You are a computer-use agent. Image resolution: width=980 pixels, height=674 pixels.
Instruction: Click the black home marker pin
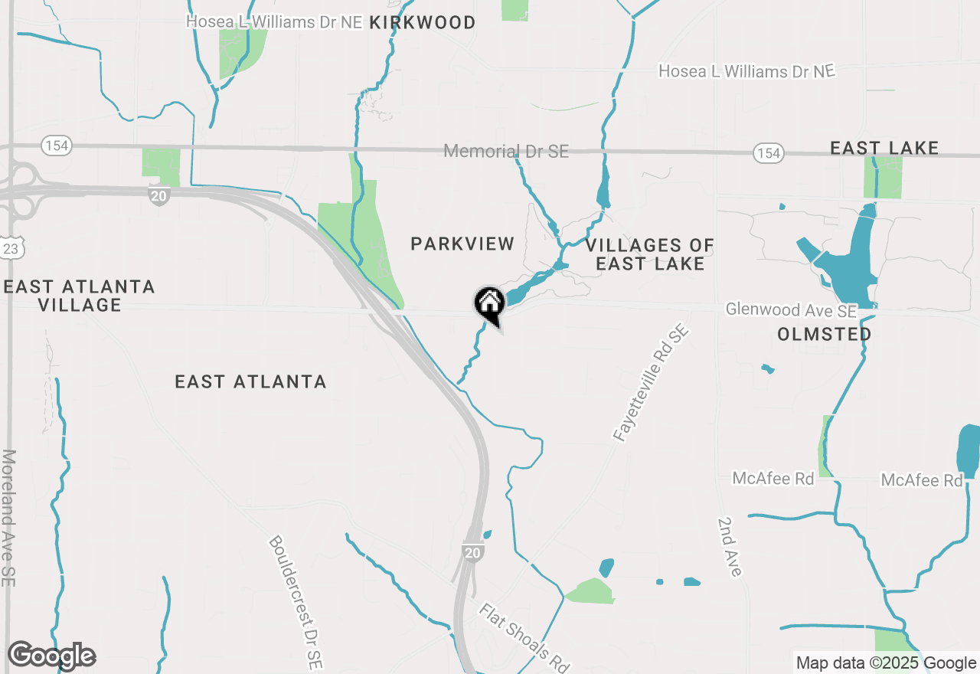[489, 305]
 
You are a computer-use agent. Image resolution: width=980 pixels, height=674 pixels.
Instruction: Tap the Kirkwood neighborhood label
[422, 23]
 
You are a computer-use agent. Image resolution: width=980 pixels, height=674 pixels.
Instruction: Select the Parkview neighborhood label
[462, 244]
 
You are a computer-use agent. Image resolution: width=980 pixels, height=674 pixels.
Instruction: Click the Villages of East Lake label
[650, 254]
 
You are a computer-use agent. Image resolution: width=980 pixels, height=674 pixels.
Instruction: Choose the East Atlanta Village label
[79, 296]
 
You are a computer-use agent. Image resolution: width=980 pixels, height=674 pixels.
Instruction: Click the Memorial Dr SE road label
[506, 151]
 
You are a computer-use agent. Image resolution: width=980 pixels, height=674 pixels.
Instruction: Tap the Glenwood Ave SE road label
[791, 310]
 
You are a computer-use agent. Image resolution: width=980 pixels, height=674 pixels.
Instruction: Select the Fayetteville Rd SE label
[652, 384]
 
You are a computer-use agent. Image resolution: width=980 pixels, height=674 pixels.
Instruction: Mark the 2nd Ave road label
[729, 546]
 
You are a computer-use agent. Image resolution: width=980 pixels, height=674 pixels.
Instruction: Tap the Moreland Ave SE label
[8, 518]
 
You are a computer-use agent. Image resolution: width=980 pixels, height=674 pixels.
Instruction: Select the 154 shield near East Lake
[768, 153]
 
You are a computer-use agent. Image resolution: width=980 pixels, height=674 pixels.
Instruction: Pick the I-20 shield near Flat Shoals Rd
[472, 552]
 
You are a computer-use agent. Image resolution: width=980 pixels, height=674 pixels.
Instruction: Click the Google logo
[51, 656]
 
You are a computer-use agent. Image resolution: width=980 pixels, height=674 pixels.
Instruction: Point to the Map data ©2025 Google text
[886, 663]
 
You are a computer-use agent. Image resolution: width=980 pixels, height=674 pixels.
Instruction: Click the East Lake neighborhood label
[884, 148]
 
